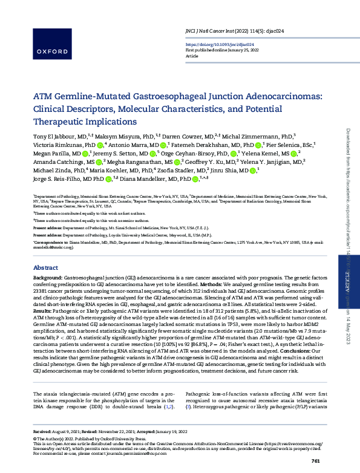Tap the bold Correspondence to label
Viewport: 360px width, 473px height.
click(x=50, y=241)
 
